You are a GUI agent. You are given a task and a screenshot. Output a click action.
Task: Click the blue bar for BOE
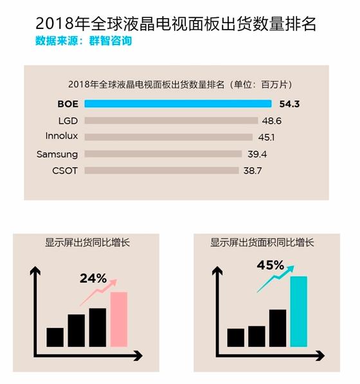point(178,104)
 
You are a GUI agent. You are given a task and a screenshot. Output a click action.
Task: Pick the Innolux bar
point(168,136)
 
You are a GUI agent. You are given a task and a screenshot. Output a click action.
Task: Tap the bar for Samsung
point(163,154)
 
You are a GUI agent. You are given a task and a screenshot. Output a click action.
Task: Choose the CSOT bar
point(162,170)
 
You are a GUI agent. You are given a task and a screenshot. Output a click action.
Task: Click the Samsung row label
point(57,154)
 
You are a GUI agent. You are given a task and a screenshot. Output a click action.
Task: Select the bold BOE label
point(67,104)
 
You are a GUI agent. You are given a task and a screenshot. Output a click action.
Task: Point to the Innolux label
point(62,136)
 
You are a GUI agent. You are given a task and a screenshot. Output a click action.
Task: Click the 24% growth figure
point(93,279)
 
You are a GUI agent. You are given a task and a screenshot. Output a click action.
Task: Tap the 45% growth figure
point(270,265)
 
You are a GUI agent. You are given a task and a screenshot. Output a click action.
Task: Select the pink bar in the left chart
point(119,319)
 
